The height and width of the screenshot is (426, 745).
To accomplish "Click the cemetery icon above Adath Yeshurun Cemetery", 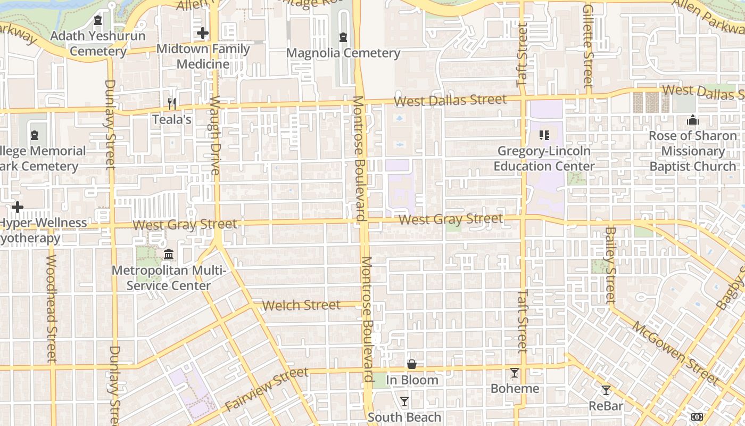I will pyautogui.click(x=97, y=21).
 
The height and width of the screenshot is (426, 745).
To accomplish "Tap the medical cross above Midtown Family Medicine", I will pyautogui.click(x=202, y=34).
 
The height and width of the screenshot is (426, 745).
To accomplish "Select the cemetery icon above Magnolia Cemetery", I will pyautogui.click(x=343, y=37).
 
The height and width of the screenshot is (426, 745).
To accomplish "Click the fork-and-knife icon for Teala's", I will pyautogui.click(x=171, y=103).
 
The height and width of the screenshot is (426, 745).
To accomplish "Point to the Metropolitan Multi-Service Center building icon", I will pyautogui.click(x=169, y=255).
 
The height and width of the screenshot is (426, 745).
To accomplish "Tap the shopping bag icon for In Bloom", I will pyautogui.click(x=412, y=364).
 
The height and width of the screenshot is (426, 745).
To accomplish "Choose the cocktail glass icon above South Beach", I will pyautogui.click(x=404, y=402).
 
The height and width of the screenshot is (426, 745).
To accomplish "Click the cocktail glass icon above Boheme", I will pyautogui.click(x=515, y=373).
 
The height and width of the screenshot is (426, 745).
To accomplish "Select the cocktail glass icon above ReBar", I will pyautogui.click(x=606, y=390).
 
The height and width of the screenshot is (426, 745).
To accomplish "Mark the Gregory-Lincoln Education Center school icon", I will pyautogui.click(x=544, y=135).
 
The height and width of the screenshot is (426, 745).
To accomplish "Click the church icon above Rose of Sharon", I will pyautogui.click(x=692, y=120).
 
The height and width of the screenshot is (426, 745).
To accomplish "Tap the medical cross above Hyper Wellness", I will pyautogui.click(x=18, y=207).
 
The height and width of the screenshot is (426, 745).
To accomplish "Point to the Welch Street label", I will pyautogui.click(x=301, y=305).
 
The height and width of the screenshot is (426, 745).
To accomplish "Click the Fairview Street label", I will pyautogui.click(x=267, y=389).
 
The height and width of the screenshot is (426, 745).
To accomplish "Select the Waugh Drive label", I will pyautogui.click(x=215, y=135).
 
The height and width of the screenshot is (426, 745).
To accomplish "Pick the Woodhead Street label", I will pyautogui.click(x=51, y=309).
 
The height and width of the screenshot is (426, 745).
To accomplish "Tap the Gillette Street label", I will pyautogui.click(x=587, y=46).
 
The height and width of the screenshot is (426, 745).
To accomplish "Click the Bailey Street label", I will pyautogui.click(x=610, y=265).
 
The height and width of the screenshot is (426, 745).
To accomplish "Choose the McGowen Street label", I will pyautogui.click(x=675, y=351).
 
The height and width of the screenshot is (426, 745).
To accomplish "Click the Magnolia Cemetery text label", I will pyautogui.click(x=343, y=53).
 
